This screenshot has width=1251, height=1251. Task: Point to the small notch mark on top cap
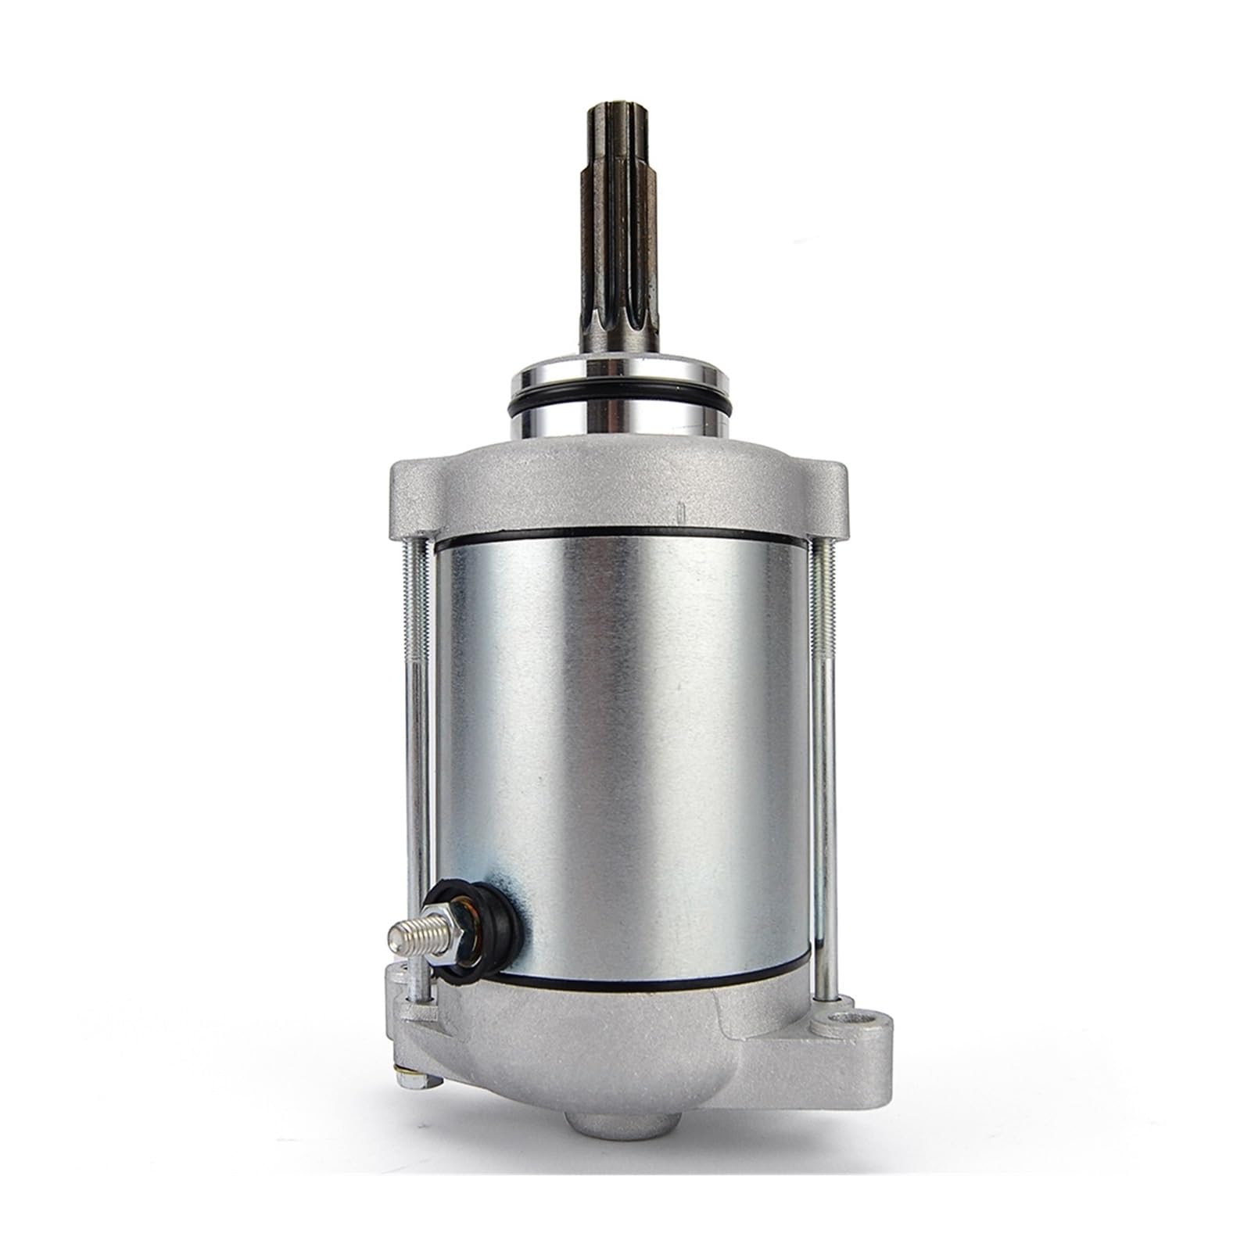679,511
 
